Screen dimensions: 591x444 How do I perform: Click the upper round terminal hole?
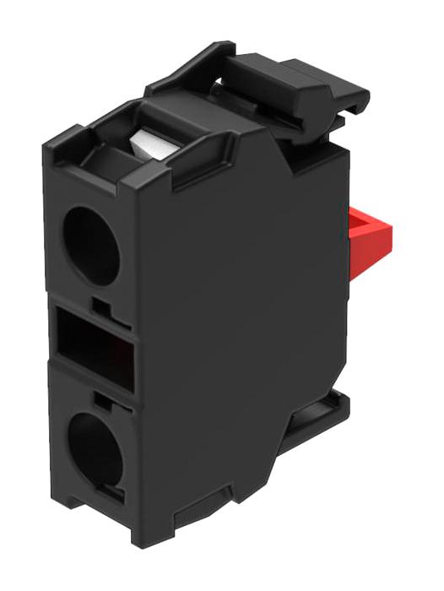tap(91, 245)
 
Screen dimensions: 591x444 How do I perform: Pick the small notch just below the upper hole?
tap(100, 300)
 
